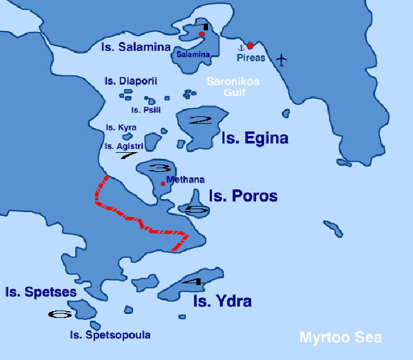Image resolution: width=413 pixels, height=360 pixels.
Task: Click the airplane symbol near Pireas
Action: pyautogui.click(x=282, y=59)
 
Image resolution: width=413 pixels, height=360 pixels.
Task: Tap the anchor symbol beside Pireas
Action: pyautogui.click(x=242, y=48)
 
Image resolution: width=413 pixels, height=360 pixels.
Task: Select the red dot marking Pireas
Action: pyautogui.click(x=250, y=45)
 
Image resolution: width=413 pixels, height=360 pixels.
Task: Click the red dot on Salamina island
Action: pyautogui.click(x=202, y=35)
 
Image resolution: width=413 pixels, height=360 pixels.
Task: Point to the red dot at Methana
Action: pyautogui.click(x=163, y=184)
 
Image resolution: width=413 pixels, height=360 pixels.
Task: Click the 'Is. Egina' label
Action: pyautogui.click(x=254, y=138)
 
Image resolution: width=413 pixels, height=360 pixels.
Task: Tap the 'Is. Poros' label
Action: pyautogui.click(x=242, y=196)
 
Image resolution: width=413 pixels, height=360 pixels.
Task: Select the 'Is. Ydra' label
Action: pyautogui.click(x=222, y=302)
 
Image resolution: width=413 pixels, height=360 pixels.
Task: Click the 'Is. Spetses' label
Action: pyautogui.click(x=32, y=291)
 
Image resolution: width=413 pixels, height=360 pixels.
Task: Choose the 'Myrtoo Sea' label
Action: pyautogui.click(x=341, y=338)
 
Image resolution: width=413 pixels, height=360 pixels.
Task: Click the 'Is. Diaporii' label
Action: pyautogui.click(x=131, y=81)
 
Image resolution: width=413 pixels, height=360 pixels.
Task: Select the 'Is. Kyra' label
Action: pyautogui.click(x=121, y=127)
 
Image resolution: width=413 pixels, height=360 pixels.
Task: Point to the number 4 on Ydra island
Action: pyautogui.click(x=194, y=282)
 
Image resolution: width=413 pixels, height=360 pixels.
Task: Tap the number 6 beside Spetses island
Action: pyautogui.click(x=61, y=314)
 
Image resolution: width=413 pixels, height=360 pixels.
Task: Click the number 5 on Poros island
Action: pyautogui.click(x=196, y=210)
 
